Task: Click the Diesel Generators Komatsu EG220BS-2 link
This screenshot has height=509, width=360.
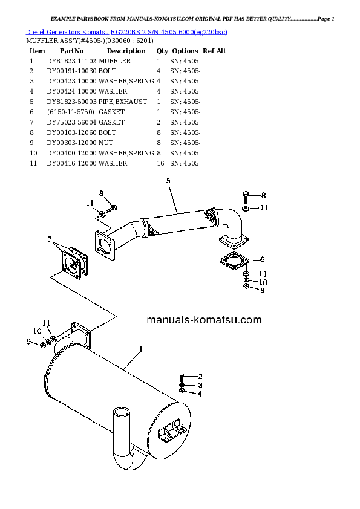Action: tap(126, 32)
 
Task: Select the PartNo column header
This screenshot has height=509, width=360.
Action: tap(71, 51)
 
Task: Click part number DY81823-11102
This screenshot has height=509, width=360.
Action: tap(71, 61)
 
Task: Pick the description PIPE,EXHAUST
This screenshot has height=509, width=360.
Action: tap(123, 102)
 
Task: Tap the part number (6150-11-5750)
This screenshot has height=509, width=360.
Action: tap(71, 112)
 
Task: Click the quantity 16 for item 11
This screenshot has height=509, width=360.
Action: tap(160, 163)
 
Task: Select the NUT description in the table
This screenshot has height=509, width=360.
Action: tap(106, 143)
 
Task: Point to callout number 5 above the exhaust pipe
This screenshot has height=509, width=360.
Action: tap(168, 181)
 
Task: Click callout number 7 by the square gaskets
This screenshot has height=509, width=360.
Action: tap(50, 239)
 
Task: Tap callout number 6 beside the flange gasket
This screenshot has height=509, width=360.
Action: tap(262, 259)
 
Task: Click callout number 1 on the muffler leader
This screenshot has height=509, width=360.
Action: tap(141, 349)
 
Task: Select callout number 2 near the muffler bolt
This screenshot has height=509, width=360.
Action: tap(200, 376)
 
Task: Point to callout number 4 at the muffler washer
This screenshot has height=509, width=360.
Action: tap(200, 394)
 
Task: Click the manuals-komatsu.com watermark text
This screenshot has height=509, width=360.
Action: tap(204, 320)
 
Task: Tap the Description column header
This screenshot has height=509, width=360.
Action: tap(126, 51)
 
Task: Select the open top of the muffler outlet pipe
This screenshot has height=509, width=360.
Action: tap(121, 412)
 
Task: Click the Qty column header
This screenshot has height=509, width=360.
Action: tap(162, 51)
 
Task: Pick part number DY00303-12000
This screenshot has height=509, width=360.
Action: tap(71, 143)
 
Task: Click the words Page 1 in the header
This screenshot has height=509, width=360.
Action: tap(326, 19)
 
